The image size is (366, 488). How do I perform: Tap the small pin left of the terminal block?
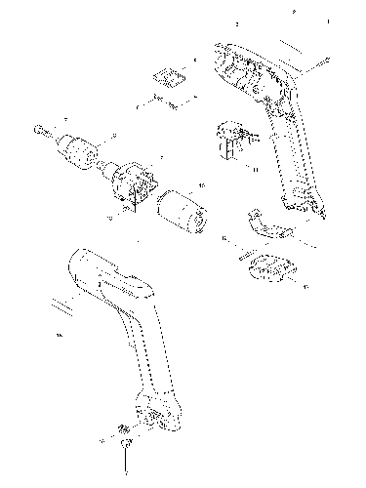239,259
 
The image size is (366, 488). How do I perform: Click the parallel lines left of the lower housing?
61,305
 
